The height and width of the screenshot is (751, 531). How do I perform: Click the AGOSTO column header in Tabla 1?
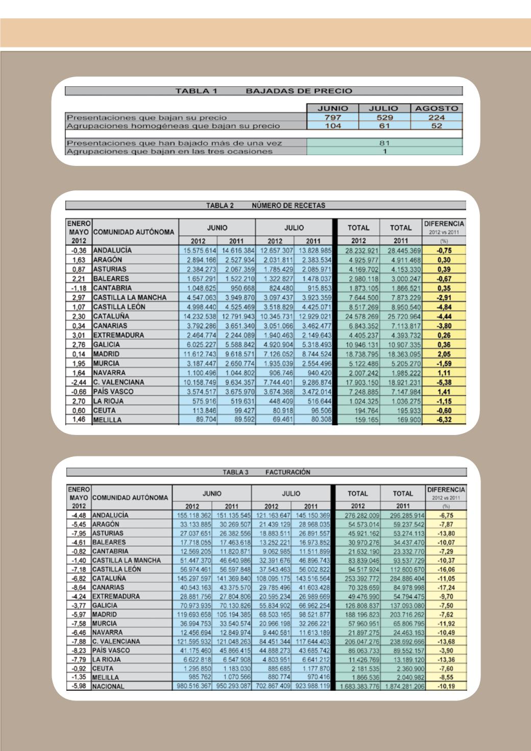(x=437, y=108)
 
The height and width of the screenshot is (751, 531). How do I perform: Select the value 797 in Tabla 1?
(x=333, y=117)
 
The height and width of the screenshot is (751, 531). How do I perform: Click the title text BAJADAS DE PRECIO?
(x=299, y=91)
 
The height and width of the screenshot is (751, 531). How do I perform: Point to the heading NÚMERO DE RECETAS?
(x=288, y=205)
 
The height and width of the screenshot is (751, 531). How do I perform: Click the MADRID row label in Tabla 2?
(x=106, y=354)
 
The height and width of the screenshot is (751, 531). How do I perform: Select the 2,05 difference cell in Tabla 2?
(x=445, y=354)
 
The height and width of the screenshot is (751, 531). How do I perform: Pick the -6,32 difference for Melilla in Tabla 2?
(x=445, y=420)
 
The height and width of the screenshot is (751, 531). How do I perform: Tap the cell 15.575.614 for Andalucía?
(x=198, y=250)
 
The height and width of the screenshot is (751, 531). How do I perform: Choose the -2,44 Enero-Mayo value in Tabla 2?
(x=79, y=382)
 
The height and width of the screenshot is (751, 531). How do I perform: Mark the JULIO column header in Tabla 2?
(x=294, y=228)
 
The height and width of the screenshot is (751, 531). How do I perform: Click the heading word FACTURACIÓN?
(x=288, y=472)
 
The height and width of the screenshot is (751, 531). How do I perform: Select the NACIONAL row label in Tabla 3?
(x=108, y=687)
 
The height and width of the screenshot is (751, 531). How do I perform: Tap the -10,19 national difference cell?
(x=445, y=687)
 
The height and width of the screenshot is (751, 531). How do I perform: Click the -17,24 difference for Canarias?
(x=445, y=588)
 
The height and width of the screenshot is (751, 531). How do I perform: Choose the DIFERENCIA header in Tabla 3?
(x=446, y=489)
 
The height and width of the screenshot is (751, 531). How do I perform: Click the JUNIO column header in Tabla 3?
(x=212, y=494)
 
